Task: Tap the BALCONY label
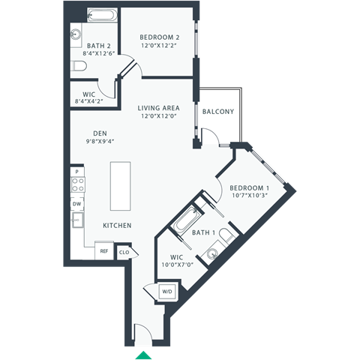pyautogui.click(x=217, y=112)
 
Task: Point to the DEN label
pyautogui.click(x=100, y=133)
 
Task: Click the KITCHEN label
pyautogui.click(x=118, y=226)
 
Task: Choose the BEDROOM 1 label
pyautogui.click(x=248, y=187)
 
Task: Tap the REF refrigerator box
pyautogui.click(x=104, y=252)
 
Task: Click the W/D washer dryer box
pyautogui.click(x=167, y=291)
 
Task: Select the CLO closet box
pyautogui.click(x=124, y=252)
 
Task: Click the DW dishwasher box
pyautogui.click(x=77, y=203)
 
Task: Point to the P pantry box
pyautogui.click(x=76, y=171)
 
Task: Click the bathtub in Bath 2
pyautogui.click(x=102, y=16)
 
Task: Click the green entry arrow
pyautogui.click(x=142, y=353)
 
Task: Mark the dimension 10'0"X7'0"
pyautogui.click(x=177, y=264)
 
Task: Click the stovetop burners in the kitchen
pyautogui.click(x=77, y=186)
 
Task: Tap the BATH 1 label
pyautogui.click(x=203, y=233)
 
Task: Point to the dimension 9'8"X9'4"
pyautogui.click(x=100, y=142)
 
